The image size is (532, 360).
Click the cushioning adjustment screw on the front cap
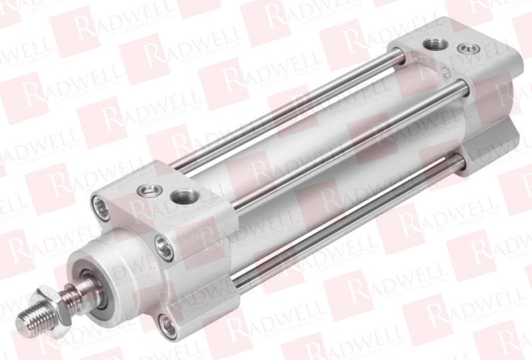pos(143,192)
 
